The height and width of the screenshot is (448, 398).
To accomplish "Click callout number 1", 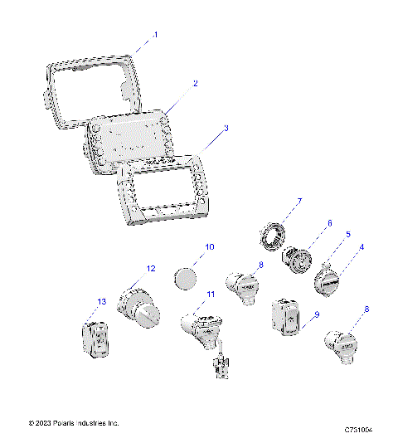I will tap(154, 36).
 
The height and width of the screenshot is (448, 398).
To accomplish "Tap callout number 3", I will tap(226, 129).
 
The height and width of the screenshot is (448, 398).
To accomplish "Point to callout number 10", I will tap(210, 247).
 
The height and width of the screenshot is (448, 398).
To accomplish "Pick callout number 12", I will tap(150, 268).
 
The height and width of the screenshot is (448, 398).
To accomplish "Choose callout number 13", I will tap(102, 301).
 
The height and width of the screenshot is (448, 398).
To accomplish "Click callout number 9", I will tap(316, 314).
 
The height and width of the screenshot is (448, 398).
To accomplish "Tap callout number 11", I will tap(211, 295).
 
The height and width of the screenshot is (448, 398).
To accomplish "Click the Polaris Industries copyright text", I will tap(75, 423).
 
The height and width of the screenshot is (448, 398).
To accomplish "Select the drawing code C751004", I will tap(358, 430).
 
